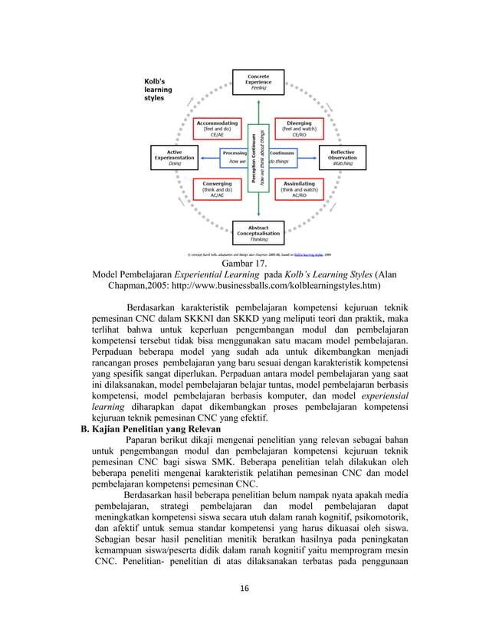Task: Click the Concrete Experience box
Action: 258,81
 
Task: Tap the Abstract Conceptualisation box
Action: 258,232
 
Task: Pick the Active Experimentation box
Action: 175,156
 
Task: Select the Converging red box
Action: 217,189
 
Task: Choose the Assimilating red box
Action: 299,189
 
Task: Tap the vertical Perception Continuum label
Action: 254,157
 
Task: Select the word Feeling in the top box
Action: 258,88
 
